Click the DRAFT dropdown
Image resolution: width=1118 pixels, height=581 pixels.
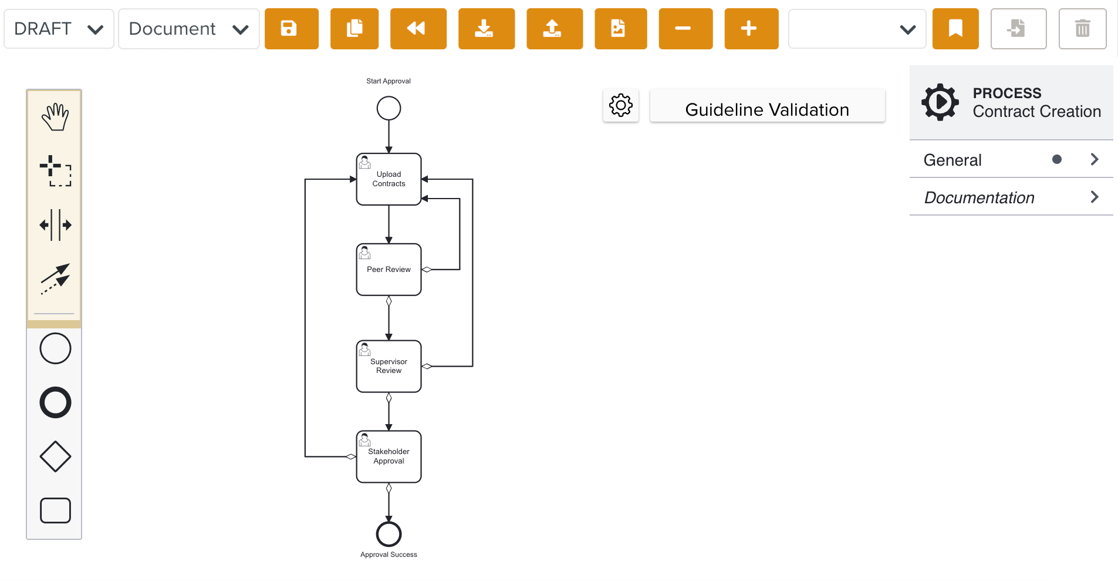pos(59,29)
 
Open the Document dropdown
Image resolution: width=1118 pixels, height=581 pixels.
pos(188,29)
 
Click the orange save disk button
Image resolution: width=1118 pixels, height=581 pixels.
pos(291,29)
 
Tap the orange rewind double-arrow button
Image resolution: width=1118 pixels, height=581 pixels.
pos(418,29)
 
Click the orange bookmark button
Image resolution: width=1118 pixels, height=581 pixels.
pos(955,29)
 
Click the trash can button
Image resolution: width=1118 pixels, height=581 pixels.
pos(1082,29)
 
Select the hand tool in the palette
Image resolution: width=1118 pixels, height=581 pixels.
pos(55,117)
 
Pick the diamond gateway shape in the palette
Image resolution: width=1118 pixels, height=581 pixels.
pos(55,456)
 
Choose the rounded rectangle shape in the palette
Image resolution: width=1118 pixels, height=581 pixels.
pos(55,510)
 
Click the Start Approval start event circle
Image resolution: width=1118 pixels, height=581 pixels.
pos(389,108)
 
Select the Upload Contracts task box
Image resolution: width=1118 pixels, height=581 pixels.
pos(389,179)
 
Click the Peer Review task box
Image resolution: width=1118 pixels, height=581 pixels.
pos(389,270)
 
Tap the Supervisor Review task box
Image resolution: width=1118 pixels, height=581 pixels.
pos(389,366)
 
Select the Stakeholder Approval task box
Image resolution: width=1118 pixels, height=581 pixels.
pos(389,456)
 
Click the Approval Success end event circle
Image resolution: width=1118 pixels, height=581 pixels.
pos(389,534)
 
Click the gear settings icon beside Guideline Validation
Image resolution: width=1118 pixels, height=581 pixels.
pos(620,106)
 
